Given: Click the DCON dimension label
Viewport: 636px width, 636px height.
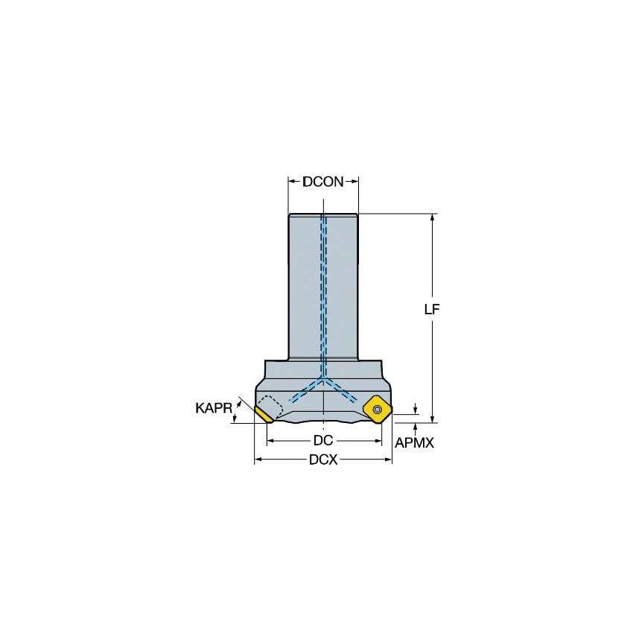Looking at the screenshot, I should tap(323, 181).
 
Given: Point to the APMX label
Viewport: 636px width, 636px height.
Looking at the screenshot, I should tap(414, 442).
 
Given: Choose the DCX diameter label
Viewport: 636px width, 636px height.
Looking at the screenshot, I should tap(323, 460).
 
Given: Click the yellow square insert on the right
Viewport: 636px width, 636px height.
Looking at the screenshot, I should tap(378, 408).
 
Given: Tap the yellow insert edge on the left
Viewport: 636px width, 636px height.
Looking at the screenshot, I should tap(263, 413).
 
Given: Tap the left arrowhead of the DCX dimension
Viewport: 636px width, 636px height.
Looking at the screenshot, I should tap(258, 460).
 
